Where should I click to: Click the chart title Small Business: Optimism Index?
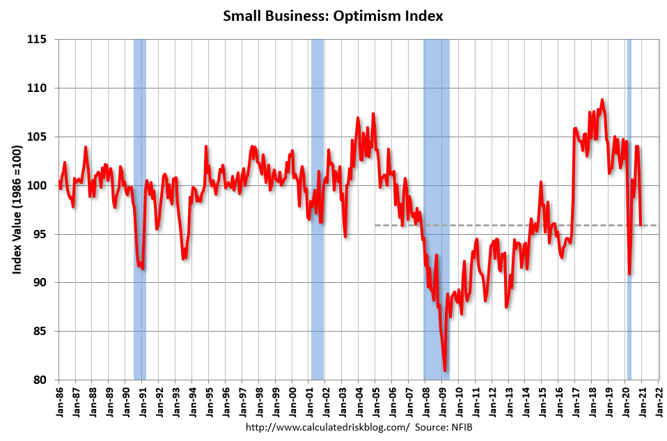click(x=333, y=16)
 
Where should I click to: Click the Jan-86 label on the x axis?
click(x=60, y=401)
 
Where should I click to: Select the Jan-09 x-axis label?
click(x=443, y=401)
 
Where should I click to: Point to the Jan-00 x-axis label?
click(x=293, y=401)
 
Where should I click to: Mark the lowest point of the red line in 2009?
click(x=445, y=371)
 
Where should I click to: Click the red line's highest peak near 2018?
click(x=602, y=100)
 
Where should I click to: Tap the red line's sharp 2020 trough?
click(x=629, y=273)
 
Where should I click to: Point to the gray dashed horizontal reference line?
click(x=487, y=225)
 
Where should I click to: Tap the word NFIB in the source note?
click(x=460, y=426)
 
